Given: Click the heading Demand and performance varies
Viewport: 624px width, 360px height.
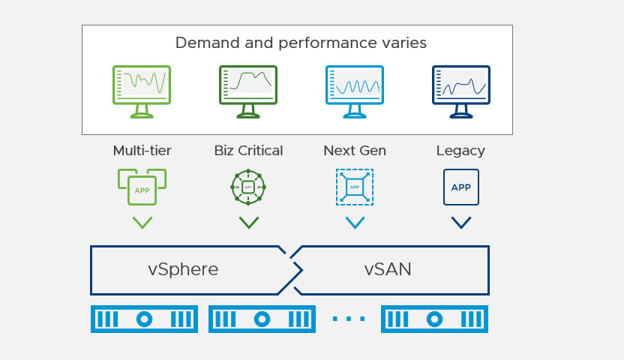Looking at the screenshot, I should (x=301, y=43).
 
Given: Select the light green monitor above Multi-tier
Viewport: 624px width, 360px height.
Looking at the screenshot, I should (x=142, y=89).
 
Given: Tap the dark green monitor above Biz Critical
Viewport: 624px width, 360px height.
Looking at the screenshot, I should (x=248, y=89).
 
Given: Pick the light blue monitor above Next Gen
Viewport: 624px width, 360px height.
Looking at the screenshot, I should (x=355, y=89).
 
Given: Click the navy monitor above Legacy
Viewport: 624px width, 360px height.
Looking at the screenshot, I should (x=461, y=89).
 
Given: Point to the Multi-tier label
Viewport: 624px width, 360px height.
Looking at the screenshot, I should (x=142, y=151).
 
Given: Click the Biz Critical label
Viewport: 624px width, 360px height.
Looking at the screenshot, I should (x=248, y=151).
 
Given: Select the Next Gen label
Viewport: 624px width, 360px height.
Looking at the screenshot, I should (x=355, y=151).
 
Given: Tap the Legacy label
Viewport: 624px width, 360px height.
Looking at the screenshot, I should (x=460, y=151).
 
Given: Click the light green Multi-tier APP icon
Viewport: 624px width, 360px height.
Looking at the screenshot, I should (x=142, y=187).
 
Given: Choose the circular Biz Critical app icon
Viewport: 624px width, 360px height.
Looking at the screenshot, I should (x=248, y=187).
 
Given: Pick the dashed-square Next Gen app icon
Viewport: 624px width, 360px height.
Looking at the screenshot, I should (x=355, y=187).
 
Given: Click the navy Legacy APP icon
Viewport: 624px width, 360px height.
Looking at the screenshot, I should (x=461, y=187).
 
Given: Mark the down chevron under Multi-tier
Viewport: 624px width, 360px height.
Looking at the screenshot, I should (x=142, y=223).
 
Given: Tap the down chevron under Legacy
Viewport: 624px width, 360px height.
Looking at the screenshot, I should (x=461, y=223).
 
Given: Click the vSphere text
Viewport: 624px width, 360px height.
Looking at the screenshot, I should (x=183, y=270).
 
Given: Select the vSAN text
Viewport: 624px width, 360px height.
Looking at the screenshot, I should (x=388, y=270).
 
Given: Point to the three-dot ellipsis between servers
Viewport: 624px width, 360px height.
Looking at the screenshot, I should (x=349, y=319).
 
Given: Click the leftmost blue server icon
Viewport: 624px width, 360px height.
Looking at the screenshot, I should (x=144, y=319).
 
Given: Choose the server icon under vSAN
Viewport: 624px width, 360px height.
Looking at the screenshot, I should (x=435, y=319).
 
